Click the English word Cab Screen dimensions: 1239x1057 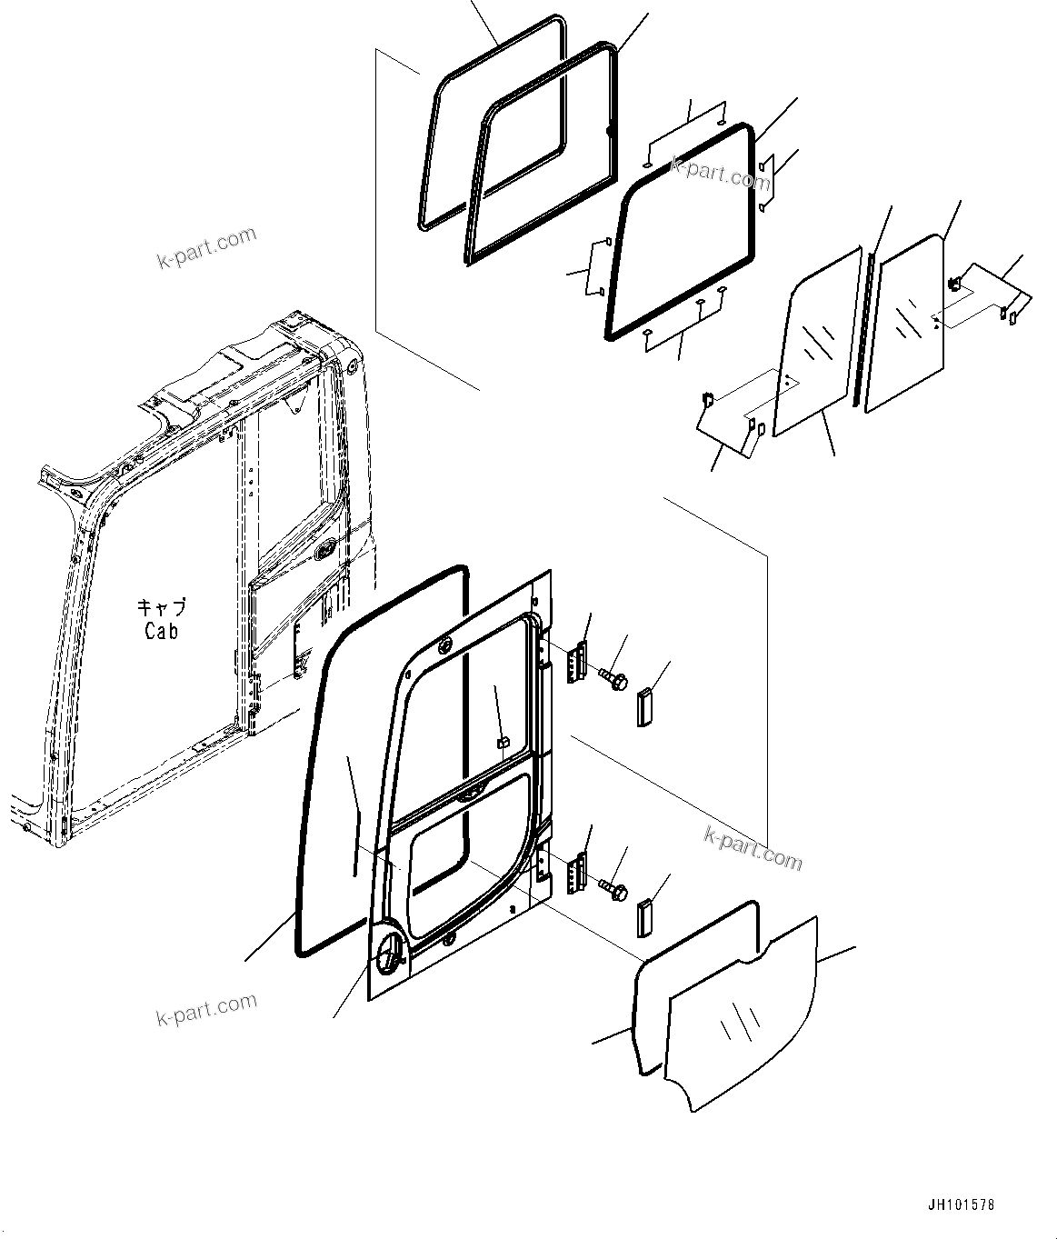pos(161,630)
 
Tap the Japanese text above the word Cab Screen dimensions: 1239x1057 pos(161,607)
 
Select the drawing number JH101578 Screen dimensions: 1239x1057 pos(962,1205)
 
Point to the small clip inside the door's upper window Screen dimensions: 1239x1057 pos(501,743)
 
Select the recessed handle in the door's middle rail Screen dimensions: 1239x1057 pos(471,794)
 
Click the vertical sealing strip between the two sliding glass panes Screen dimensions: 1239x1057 pos(863,327)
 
